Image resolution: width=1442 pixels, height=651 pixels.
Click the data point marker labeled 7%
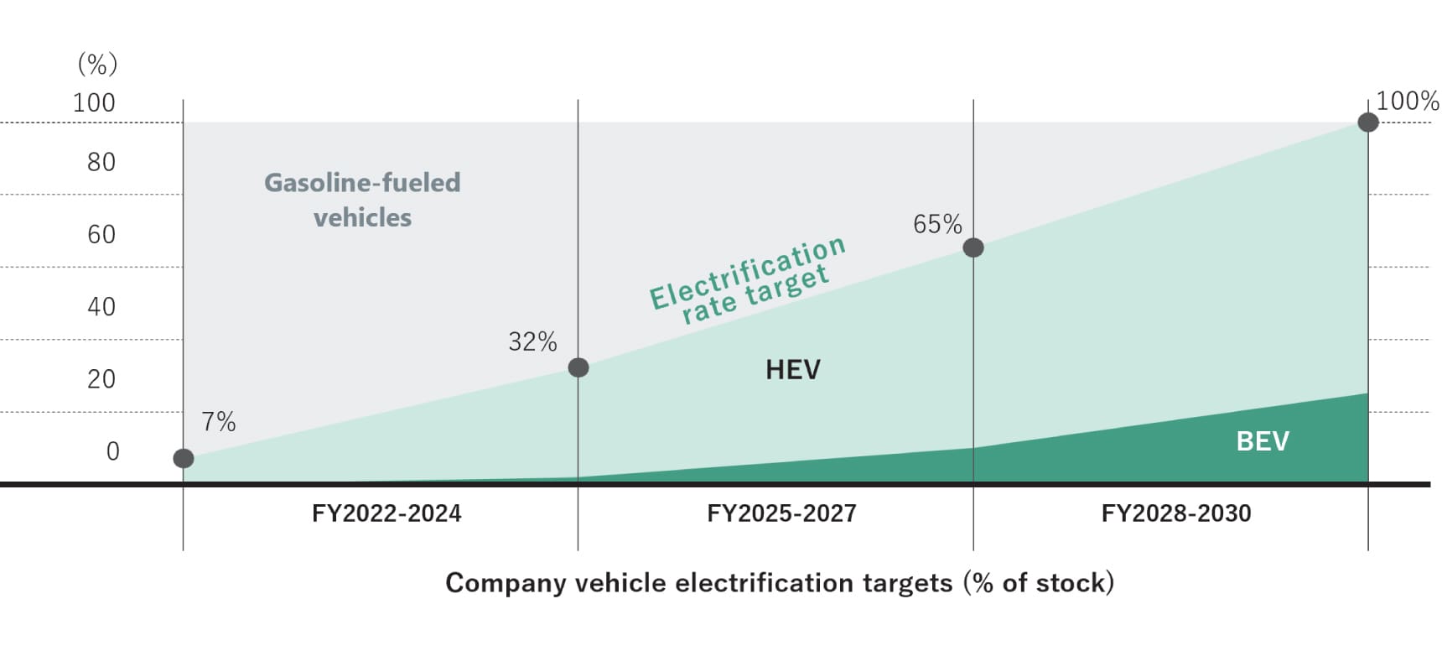click(x=184, y=458)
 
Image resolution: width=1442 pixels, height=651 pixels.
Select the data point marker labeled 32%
click(x=578, y=367)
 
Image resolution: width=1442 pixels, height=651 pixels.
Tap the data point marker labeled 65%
click(x=973, y=247)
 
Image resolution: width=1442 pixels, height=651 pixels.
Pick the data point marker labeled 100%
click(x=1368, y=122)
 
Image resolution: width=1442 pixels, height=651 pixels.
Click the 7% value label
click(x=219, y=421)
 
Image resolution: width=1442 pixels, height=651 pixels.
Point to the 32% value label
click(x=532, y=341)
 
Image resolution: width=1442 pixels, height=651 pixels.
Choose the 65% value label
click(x=937, y=224)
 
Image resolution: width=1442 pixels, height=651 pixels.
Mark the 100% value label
click(x=1408, y=102)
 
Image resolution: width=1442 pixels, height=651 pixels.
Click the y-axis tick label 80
click(x=101, y=162)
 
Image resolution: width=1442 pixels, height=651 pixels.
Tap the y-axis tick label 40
click(x=101, y=306)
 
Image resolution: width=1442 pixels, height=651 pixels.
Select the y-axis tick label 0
click(x=113, y=451)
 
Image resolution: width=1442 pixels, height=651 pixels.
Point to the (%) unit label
click(x=97, y=64)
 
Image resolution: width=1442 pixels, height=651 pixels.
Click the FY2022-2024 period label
click(x=386, y=513)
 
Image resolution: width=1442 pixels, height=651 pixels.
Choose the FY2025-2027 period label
click(x=781, y=513)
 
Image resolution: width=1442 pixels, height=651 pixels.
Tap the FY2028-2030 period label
click(x=1176, y=513)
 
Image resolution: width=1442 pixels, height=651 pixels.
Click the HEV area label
click(x=793, y=369)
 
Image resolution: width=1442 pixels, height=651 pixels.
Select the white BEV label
click(x=1263, y=441)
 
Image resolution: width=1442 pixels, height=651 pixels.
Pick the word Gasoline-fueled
click(x=362, y=183)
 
